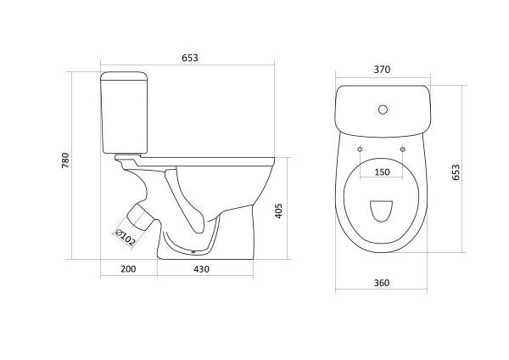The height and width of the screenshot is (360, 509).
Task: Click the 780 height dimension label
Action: coord(65,160)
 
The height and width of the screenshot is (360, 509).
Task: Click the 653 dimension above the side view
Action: coord(189,58)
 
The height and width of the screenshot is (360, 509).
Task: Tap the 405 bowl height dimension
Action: coord(278,211)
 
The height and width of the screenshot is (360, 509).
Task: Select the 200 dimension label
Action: coord(128,269)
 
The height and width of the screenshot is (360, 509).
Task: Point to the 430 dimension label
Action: coord(202,269)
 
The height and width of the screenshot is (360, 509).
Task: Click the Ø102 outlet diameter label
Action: coord(126,238)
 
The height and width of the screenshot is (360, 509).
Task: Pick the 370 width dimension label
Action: coord(382,70)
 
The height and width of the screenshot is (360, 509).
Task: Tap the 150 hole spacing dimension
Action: coord(382,172)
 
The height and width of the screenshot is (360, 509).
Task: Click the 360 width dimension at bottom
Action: coord(382,283)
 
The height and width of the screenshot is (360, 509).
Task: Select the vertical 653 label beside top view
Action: coord(456,172)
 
